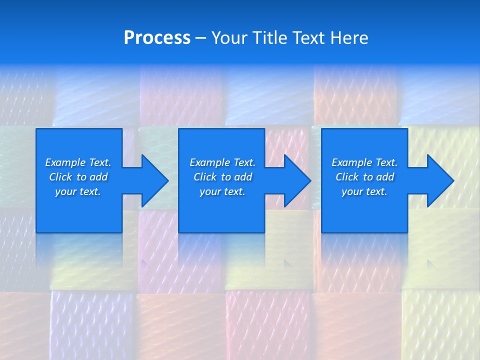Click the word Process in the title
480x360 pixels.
point(157,38)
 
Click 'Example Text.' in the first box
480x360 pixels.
point(78,162)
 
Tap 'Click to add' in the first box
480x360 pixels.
point(78,177)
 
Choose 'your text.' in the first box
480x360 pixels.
point(78,191)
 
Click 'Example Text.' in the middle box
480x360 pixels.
point(222,162)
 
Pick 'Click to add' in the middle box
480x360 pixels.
point(222,177)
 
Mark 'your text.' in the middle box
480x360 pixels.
point(222,191)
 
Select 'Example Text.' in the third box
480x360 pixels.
point(364,162)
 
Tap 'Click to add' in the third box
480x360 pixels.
point(364,177)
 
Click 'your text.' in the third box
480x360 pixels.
point(364,191)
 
